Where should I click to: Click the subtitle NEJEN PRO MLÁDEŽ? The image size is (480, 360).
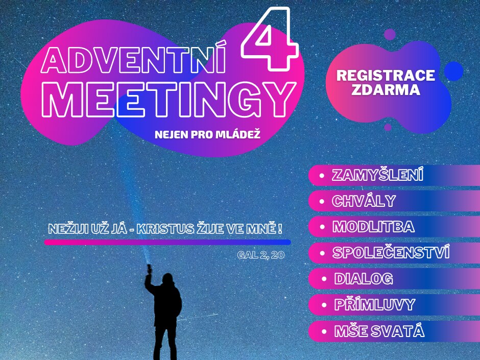click(207, 135)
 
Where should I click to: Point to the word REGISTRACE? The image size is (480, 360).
click(386, 75)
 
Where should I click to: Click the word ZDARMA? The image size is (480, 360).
click(386, 89)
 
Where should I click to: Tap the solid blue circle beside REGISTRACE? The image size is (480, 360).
click(453, 71)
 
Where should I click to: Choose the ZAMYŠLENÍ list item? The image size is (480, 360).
click(377, 175)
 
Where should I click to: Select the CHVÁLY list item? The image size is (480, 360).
click(364, 201)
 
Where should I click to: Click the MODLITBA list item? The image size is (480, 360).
click(373, 227)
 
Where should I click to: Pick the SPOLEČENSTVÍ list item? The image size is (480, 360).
click(391, 253)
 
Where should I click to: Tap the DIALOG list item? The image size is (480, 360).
click(364, 279)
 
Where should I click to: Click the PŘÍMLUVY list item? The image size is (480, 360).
click(375, 304)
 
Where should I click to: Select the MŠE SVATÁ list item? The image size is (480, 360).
click(379, 331)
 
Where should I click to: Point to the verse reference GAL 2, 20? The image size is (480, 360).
click(261, 255)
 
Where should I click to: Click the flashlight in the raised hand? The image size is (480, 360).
click(149, 269)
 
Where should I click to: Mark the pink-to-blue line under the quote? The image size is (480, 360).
click(167, 243)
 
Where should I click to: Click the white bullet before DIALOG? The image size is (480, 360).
click(324, 279)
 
